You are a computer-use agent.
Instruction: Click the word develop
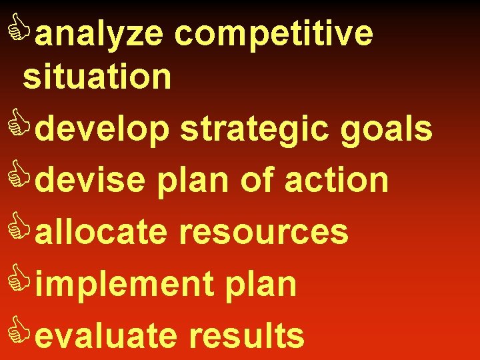point(103,128)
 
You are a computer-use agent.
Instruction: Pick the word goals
point(387,129)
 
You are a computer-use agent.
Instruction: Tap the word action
point(337,180)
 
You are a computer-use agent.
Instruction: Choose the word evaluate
point(107,335)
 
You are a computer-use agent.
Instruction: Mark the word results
point(247,335)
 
